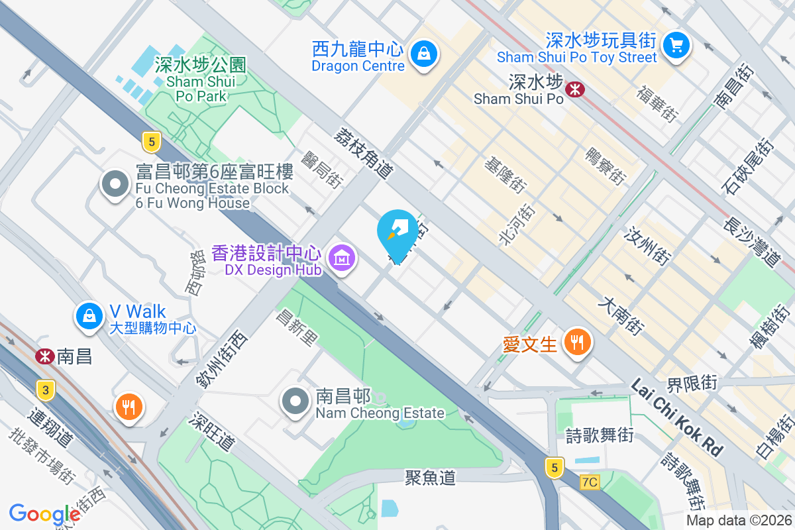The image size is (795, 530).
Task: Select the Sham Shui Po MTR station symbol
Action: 575,88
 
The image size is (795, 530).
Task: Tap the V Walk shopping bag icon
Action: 88,315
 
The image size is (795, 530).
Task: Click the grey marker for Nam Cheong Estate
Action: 295,401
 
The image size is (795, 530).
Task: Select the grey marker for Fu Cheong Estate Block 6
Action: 116,184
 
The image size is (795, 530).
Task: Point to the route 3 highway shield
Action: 46,390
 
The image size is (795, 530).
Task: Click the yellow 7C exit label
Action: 588,482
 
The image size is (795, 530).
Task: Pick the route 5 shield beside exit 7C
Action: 555,468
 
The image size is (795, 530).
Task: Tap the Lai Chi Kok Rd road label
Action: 676,417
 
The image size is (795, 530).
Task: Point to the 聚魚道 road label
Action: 431,477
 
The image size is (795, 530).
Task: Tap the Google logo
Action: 44,513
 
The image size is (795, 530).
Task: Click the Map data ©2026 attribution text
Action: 739,521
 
